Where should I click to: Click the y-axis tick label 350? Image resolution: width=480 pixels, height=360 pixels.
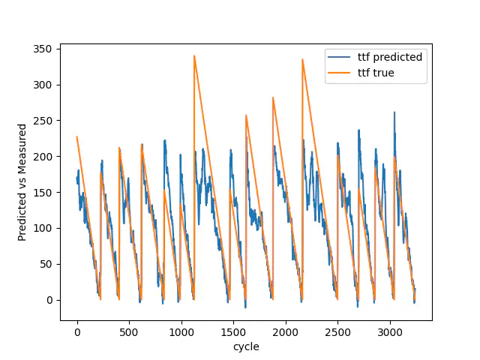click(45, 49)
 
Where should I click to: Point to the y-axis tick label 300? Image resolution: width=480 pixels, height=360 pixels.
click(45, 85)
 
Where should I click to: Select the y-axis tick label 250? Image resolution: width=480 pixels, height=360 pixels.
click(45, 121)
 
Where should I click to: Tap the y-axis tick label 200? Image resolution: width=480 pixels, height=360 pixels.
click(45, 157)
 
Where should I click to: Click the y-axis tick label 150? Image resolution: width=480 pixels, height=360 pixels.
click(45, 193)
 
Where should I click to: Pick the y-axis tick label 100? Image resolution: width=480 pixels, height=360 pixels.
click(45, 228)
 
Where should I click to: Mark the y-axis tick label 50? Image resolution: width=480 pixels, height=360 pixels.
click(48, 264)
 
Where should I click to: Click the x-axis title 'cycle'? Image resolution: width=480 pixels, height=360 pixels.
click(246, 346)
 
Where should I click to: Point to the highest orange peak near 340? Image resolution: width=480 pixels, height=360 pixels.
click(194, 55)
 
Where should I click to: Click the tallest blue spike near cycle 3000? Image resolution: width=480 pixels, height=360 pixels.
click(394, 112)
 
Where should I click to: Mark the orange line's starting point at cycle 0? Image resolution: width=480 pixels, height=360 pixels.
click(77, 136)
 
